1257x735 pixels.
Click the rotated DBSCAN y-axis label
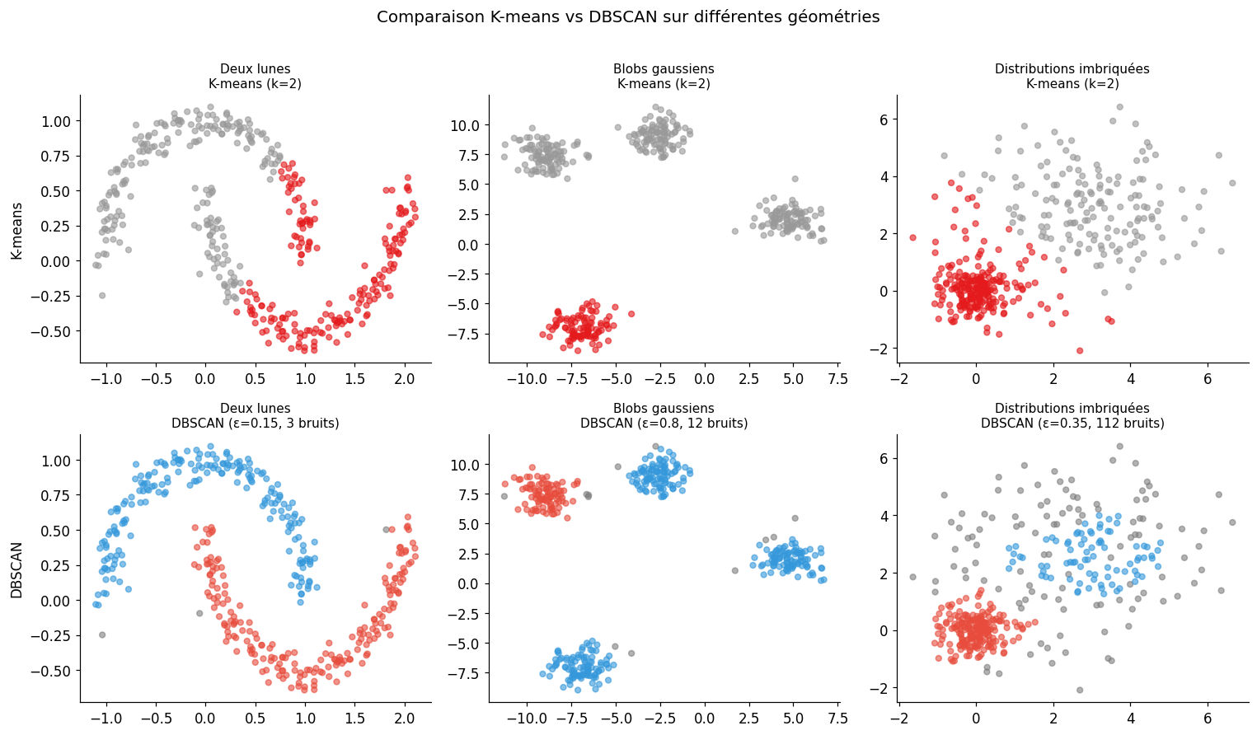pos(16,569)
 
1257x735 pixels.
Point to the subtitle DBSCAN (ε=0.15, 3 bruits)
pos(256,424)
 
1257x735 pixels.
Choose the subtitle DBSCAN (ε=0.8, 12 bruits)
pos(664,424)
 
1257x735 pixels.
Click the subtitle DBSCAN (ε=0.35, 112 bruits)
pos(1072,424)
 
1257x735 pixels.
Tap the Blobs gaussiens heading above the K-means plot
pos(664,69)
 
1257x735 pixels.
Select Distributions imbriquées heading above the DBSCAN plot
pos(1072,409)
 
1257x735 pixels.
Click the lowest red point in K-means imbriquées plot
pos(1080,350)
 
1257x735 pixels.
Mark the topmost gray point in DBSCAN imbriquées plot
pos(1119,447)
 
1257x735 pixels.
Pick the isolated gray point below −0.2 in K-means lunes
pos(102,295)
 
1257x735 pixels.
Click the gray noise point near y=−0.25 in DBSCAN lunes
pos(102,634)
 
